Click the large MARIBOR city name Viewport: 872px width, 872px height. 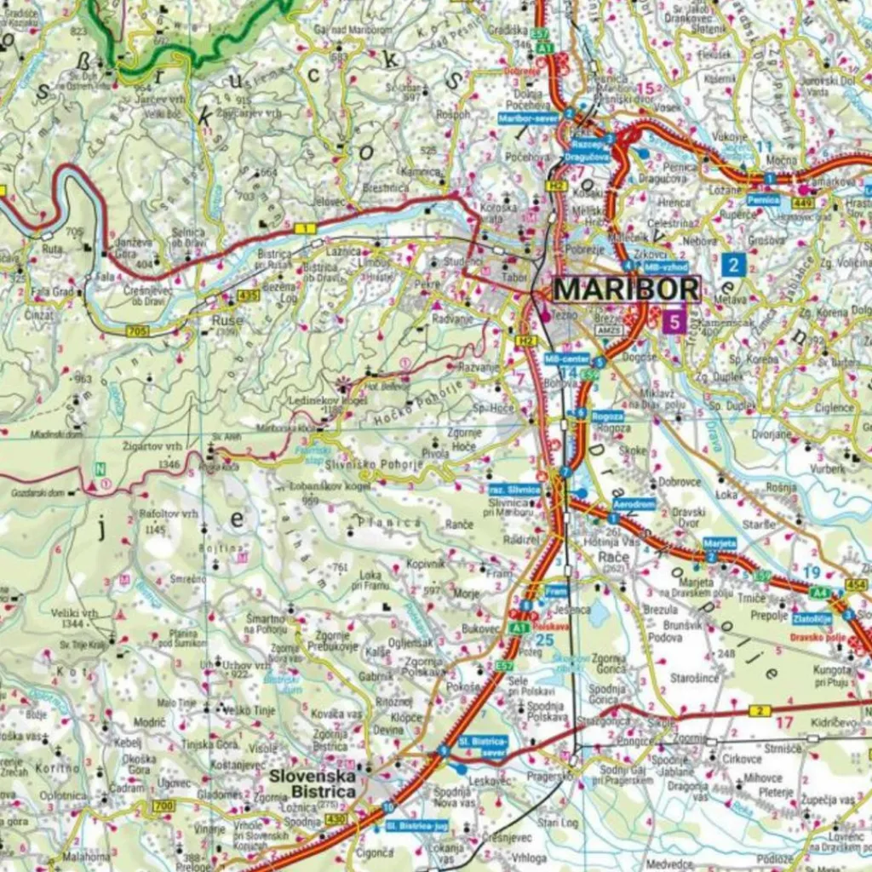[626, 290]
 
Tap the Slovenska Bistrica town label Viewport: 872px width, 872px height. [312, 784]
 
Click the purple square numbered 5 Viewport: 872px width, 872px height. [674, 322]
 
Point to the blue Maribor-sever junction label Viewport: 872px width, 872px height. [528, 118]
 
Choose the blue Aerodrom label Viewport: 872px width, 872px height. [634, 505]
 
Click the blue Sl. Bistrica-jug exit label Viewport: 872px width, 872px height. [416, 826]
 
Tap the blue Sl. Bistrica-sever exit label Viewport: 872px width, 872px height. [483, 747]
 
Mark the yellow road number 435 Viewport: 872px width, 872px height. [249, 295]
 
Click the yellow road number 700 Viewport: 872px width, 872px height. [163, 806]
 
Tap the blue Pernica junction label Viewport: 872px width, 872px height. [763, 199]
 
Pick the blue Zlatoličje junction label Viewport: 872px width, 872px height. [812, 619]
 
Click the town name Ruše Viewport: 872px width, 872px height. [227, 321]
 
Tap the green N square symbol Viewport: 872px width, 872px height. [100, 468]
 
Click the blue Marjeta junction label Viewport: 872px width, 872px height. [719, 543]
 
